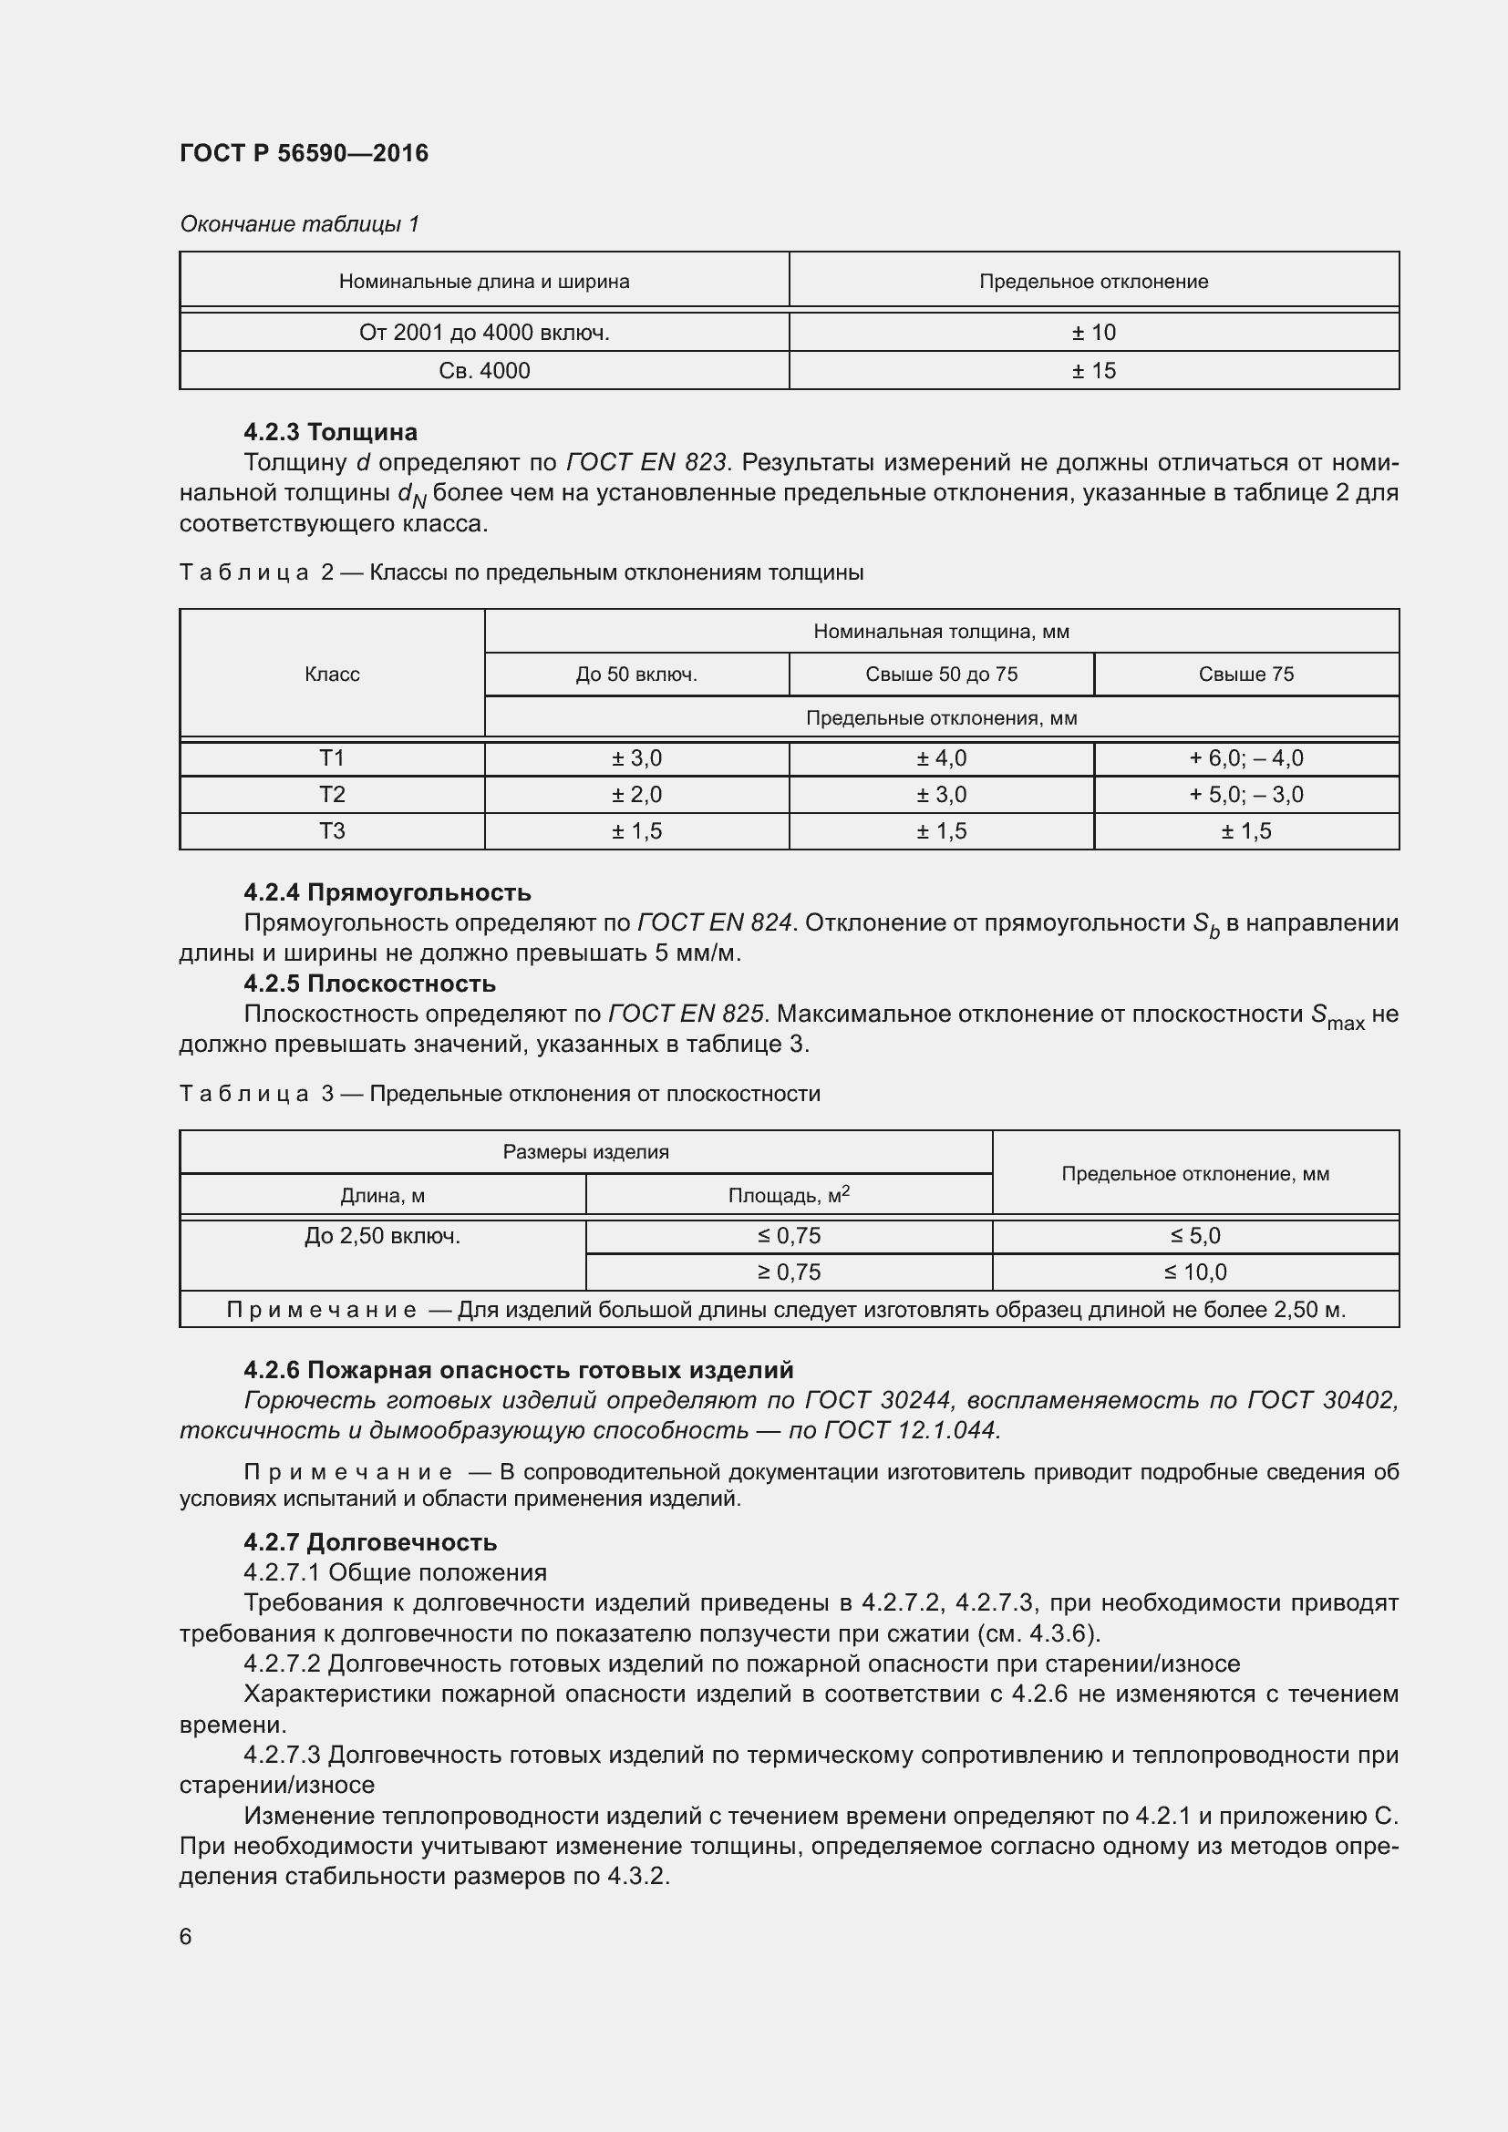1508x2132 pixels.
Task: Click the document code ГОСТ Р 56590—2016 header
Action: (x=304, y=153)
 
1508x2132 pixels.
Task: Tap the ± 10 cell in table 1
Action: (x=1093, y=333)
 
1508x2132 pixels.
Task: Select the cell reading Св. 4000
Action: (x=484, y=370)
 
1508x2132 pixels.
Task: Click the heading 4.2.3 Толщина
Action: (x=331, y=432)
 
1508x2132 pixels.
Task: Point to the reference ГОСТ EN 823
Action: (x=646, y=462)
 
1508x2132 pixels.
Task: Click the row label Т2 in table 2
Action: (x=332, y=795)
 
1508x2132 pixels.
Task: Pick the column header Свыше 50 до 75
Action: (x=941, y=675)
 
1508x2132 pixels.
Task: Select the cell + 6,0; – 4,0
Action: (x=1245, y=758)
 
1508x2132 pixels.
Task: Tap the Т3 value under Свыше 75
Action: (x=1245, y=831)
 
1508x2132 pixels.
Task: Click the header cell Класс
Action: (x=332, y=675)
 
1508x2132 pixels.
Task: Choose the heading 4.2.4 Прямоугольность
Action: (x=387, y=892)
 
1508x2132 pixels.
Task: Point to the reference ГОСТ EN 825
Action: (x=686, y=1014)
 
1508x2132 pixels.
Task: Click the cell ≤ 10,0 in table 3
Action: (x=1195, y=1272)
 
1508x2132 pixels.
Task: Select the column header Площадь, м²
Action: (x=789, y=1195)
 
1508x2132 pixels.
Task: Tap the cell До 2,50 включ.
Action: (x=382, y=1237)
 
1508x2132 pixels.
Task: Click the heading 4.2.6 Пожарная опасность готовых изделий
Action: (x=518, y=1370)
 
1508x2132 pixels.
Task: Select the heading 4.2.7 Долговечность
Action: (x=369, y=1542)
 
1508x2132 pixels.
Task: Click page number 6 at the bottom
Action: (x=186, y=1937)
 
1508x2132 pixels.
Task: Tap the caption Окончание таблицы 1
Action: (x=299, y=224)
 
